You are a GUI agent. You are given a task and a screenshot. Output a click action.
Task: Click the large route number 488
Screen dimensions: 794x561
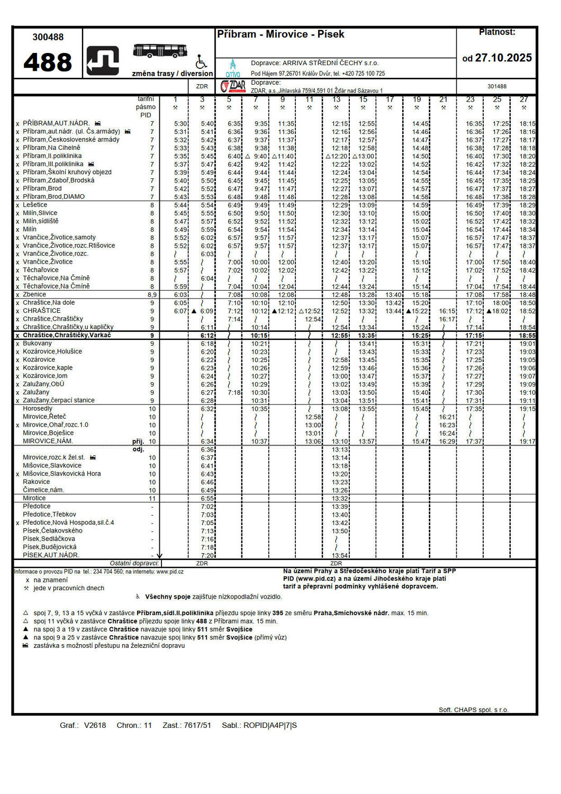pyautogui.click(x=48, y=62)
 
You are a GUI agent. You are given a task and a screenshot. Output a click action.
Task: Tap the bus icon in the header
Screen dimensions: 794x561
pyautogui.click(x=160, y=51)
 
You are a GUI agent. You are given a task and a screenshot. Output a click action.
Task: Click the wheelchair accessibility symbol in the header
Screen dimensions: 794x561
pyautogui.click(x=201, y=61)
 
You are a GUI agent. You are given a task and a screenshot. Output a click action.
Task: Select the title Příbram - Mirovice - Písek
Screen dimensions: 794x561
pyautogui.click(x=280, y=34)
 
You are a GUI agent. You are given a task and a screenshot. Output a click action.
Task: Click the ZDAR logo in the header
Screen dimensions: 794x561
pyautogui.click(x=233, y=86)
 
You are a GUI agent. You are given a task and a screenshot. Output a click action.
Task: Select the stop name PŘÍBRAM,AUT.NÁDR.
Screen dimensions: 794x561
pyautogui.click(x=56, y=123)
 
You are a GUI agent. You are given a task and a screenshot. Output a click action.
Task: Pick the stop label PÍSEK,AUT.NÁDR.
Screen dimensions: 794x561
pyautogui.click(x=51, y=555)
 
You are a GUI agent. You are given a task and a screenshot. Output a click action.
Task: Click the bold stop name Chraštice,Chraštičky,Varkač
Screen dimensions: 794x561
pyautogui.click(x=67, y=335)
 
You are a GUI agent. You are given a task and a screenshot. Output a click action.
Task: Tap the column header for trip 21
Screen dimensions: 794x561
pyautogui.click(x=444, y=100)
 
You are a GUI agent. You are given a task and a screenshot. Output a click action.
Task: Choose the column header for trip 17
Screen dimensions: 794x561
pyautogui.click(x=390, y=100)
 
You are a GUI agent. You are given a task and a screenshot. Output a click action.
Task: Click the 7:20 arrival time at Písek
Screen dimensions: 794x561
pyautogui.click(x=207, y=555)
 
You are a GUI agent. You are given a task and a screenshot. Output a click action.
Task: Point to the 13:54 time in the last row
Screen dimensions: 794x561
pyautogui.click(x=340, y=555)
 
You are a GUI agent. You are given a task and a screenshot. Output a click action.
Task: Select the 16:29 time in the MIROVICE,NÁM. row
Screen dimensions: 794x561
pyautogui.click(x=447, y=441)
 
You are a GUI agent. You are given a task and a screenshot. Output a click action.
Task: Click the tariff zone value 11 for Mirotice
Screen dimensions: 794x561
pyautogui.click(x=152, y=499)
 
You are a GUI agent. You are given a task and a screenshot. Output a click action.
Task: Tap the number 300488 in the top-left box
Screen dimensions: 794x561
pyautogui.click(x=48, y=37)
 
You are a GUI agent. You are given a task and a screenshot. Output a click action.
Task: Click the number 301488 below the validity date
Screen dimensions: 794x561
pyautogui.click(x=497, y=86)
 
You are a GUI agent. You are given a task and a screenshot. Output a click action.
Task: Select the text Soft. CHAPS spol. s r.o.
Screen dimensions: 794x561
pyautogui.click(x=473, y=710)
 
